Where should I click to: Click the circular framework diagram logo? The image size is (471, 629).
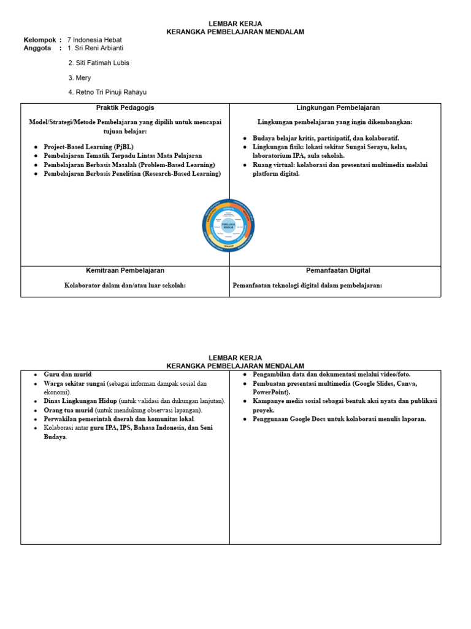228,225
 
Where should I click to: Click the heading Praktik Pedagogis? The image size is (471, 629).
125,107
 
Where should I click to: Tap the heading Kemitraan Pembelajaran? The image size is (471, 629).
125,270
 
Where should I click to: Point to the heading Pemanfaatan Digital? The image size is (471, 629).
338,270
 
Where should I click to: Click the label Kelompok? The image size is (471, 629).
39,40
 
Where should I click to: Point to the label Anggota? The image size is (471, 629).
37,47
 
